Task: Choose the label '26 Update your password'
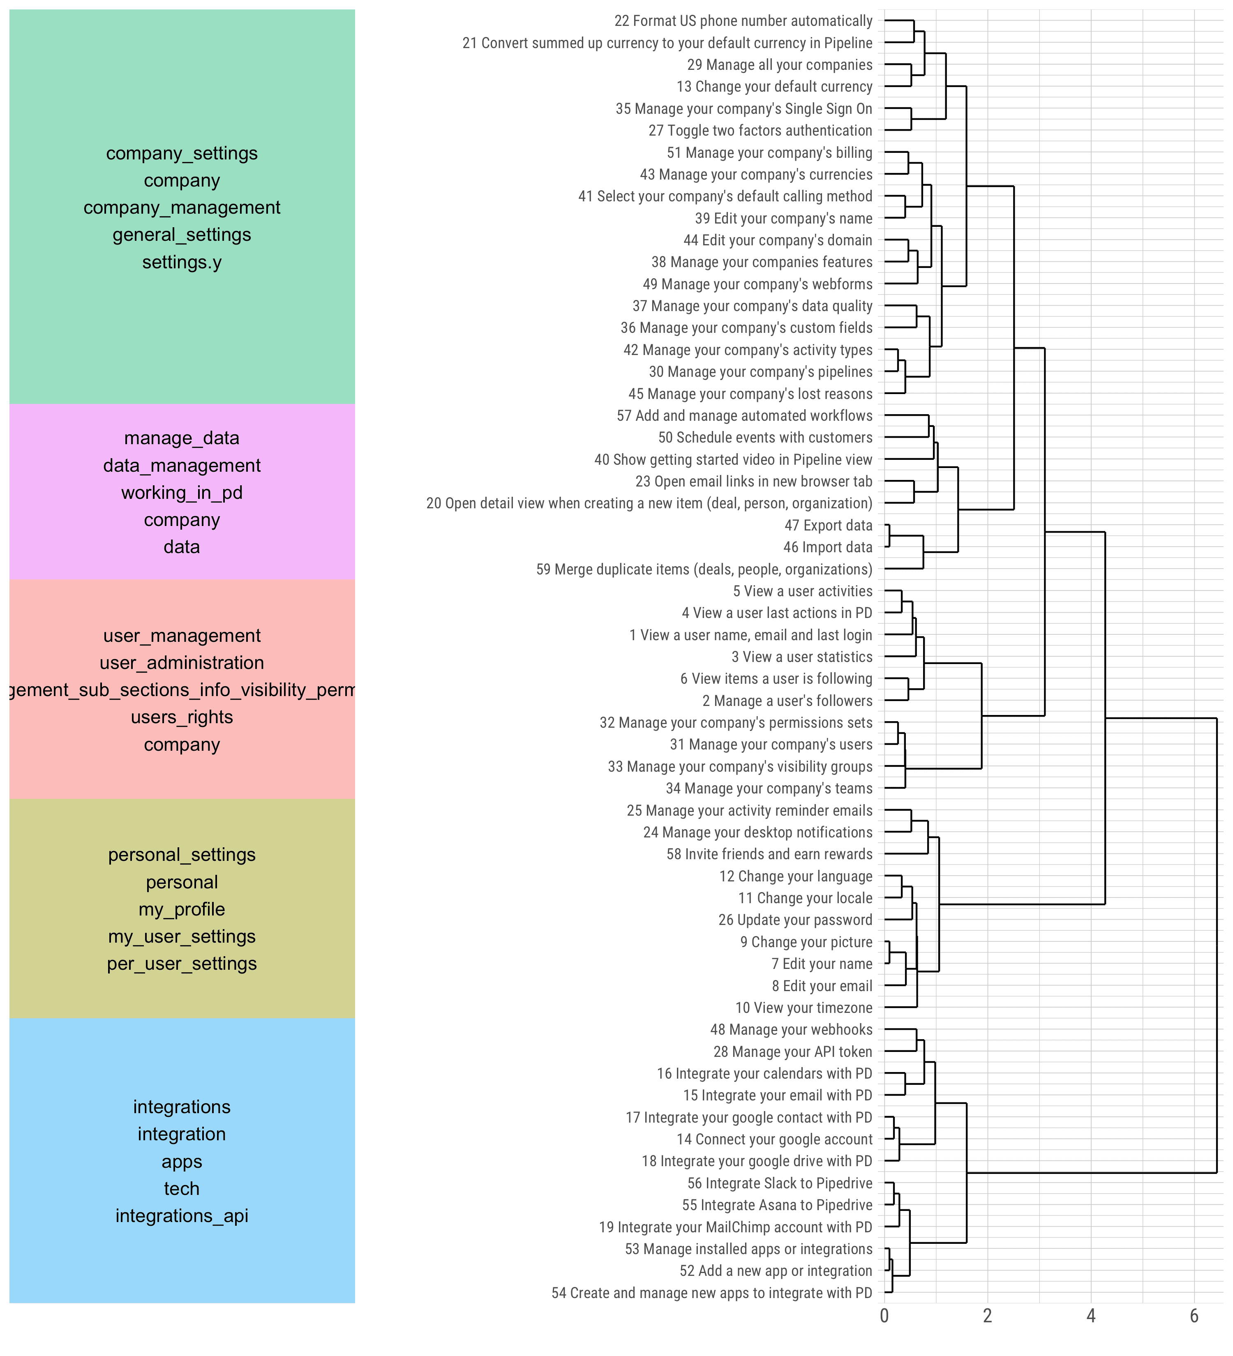(795, 920)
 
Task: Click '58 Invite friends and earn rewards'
(769, 854)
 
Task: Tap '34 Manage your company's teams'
(769, 788)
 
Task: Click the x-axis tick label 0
(884, 1316)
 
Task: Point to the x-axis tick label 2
(988, 1316)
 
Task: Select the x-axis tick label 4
(1091, 1316)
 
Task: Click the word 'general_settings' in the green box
(182, 235)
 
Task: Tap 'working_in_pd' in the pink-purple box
(182, 493)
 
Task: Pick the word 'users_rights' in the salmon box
(182, 717)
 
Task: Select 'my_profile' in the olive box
(182, 909)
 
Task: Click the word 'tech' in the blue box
(182, 1188)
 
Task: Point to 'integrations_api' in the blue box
(182, 1216)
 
